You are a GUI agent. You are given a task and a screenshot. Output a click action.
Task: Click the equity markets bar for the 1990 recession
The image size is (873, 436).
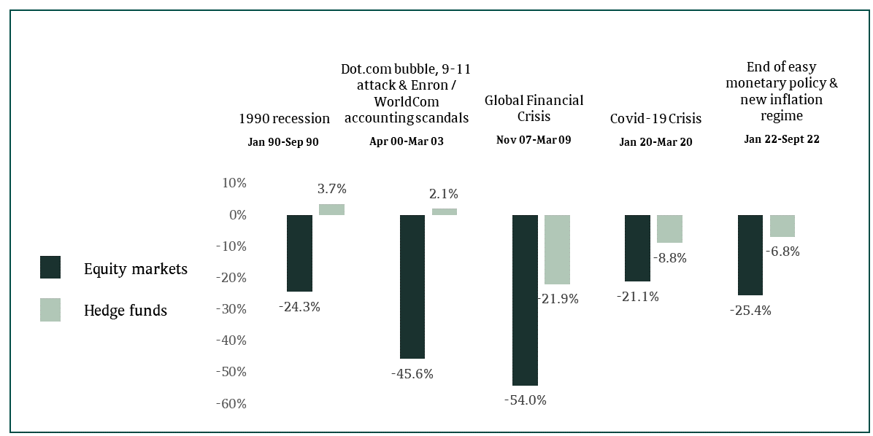tap(299, 253)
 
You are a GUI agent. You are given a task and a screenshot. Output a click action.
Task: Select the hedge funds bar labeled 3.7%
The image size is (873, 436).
tap(331, 209)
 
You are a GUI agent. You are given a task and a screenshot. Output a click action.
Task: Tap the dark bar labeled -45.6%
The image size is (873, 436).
tap(412, 287)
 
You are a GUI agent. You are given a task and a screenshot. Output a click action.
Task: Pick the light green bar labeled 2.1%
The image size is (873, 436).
tap(445, 211)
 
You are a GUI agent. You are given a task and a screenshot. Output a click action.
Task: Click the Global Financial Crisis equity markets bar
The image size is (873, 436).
tap(525, 300)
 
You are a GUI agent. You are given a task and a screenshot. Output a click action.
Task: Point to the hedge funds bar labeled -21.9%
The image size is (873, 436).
tap(557, 249)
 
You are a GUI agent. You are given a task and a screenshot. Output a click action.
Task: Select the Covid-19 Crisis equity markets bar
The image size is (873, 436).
tap(637, 248)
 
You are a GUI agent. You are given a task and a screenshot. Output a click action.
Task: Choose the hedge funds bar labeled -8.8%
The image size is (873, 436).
tap(669, 229)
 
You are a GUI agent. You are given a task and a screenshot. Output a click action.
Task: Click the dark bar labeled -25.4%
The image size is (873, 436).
tap(750, 255)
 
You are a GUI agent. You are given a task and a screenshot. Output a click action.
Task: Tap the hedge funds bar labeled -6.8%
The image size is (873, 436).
tap(782, 226)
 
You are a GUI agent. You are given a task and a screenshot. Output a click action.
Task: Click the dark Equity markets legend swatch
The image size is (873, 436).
tap(50, 268)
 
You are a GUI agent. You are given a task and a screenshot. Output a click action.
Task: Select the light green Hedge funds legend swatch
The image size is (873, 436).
tap(50, 310)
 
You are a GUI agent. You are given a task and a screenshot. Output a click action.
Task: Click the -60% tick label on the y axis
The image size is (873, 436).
tap(231, 403)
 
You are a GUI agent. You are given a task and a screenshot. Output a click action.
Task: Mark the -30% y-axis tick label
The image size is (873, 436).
tap(231, 309)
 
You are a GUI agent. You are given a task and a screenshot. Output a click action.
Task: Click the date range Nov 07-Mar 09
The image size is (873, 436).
tap(534, 139)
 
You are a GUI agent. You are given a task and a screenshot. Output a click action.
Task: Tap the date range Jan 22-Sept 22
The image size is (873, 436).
tap(781, 139)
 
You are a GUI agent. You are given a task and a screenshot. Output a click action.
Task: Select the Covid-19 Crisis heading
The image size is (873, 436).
tap(655, 118)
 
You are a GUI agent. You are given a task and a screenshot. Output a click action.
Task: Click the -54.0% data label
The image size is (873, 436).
tap(525, 400)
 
